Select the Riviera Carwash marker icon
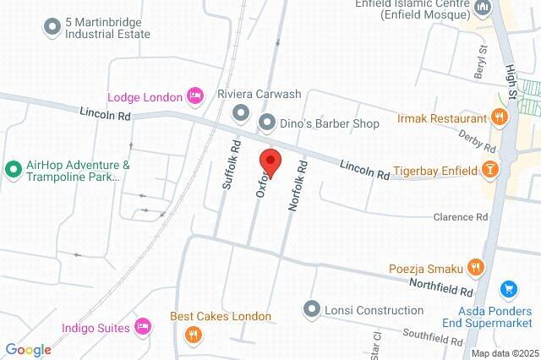pyautogui.click(x=241, y=112)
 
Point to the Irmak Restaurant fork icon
pyautogui.click(x=500, y=117)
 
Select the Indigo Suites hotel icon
pyautogui.click(x=143, y=326)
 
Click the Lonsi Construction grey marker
pyautogui.click(x=312, y=310)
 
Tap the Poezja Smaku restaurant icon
pyautogui.click(x=476, y=269)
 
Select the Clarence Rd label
pyautogui.click(x=461, y=217)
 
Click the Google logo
pyautogui.click(x=28, y=350)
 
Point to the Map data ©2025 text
pyautogui.click(x=504, y=353)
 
